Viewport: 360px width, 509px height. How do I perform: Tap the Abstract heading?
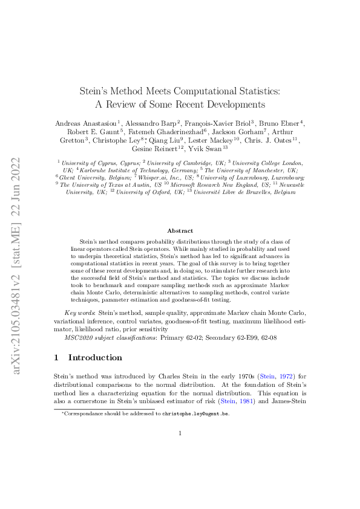pos(180,230)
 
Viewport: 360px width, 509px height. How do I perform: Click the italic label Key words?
pos(79,312)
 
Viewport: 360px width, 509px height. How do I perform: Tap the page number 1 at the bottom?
pos(180,433)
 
